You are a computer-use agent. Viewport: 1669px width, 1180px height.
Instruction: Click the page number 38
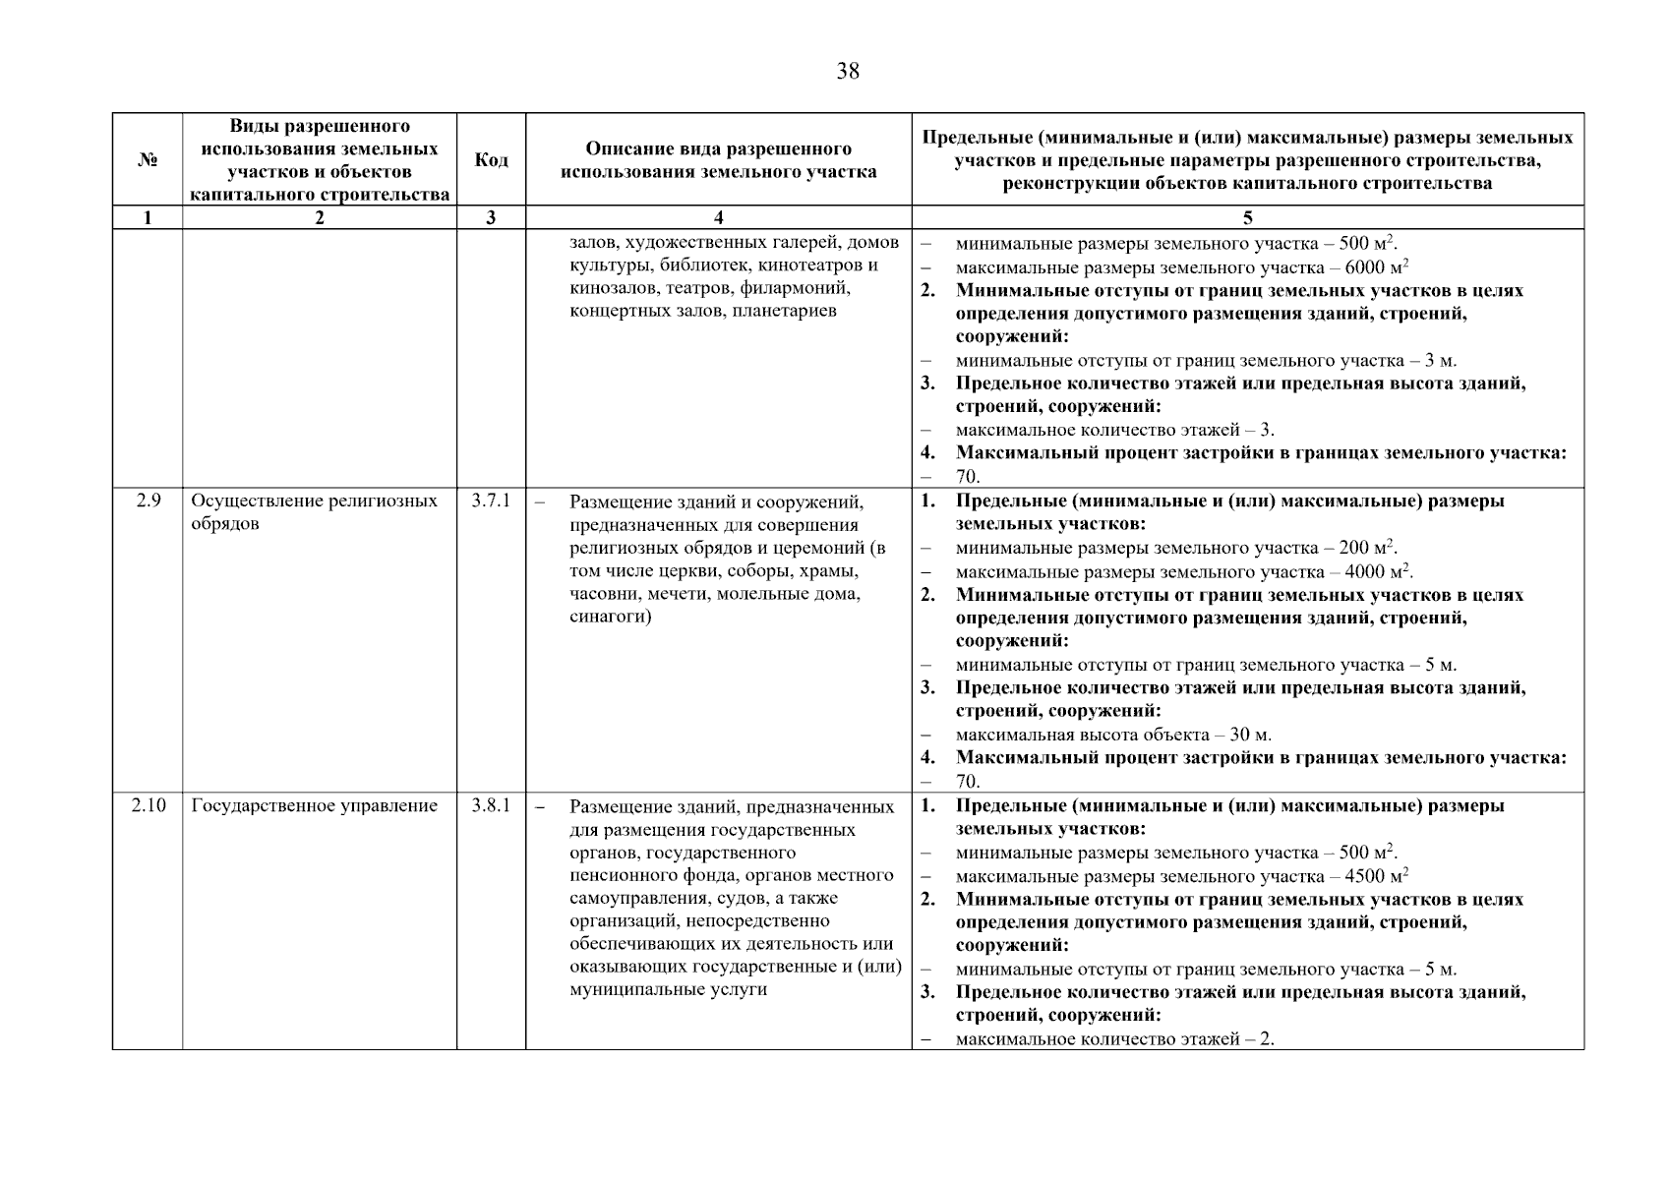(x=847, y=71)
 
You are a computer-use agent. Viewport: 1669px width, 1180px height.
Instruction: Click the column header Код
(x=491, y=159)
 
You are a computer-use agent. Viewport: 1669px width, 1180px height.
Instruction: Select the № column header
(x=148, y=159)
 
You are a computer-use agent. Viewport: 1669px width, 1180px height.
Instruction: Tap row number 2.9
(x=148, y=501)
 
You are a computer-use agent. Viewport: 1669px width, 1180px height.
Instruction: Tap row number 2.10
(x=149, y=805)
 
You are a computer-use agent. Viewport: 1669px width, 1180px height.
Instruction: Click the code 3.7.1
(x=491, y=501)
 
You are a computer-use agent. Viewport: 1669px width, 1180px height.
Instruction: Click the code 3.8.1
(x=491, y=805)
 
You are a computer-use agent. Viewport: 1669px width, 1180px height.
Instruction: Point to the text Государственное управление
(x=314, y=806)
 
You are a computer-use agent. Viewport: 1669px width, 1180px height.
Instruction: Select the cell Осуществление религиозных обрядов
(x=314, y=511)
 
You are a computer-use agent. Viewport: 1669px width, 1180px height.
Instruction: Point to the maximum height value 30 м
(x=1250, y=735)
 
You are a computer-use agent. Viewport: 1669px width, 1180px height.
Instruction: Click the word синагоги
(x=610, y=618)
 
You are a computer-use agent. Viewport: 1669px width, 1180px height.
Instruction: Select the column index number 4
(x=718, y=217)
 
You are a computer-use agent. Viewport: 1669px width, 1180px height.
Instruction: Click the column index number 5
(x=1247, y=217)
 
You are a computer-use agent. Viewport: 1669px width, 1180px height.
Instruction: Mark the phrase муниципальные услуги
(x=668, y=989)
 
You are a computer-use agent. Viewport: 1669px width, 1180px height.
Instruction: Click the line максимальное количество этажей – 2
(x=1114, y=1039)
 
